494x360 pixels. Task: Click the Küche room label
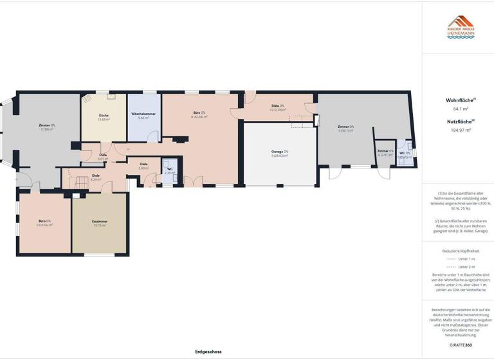pos(104,115)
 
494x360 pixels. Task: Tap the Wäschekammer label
pos(144,114)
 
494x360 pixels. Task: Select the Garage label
pos(279,152)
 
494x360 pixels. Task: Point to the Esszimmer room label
pos(100,221)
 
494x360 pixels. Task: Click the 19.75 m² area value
pos(100,226)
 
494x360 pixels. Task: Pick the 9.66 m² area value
pos(144,118)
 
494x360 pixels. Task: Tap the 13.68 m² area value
pos(104,120)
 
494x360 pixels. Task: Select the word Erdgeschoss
pos(208,352)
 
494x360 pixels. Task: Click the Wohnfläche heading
pos(460,100)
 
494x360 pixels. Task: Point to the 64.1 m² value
pos(458,109)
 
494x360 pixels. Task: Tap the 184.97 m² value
pos(458,130)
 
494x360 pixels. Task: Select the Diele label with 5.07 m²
pos(103,155)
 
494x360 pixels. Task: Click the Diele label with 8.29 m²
pos(96,175)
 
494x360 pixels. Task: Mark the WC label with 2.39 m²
pos(169,168)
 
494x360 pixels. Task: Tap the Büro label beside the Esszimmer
pos(44,221)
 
